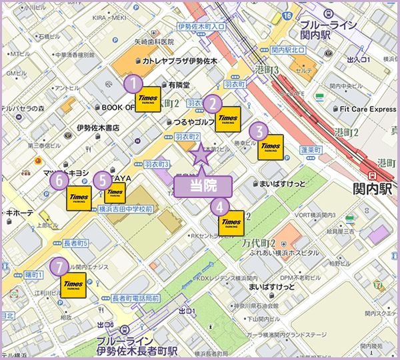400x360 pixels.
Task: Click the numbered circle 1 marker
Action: click(134, 83)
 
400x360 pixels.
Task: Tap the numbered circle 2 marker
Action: click(212, 103)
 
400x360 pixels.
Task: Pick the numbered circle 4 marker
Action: click(220, 207)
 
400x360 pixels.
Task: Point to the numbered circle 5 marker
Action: click(102, 179)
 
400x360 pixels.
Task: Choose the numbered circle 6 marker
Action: click(60, 179)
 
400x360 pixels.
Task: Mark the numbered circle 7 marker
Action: click(60, 267)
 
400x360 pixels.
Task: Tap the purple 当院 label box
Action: click(202, 186)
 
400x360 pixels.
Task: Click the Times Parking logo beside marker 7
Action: click(73, 285)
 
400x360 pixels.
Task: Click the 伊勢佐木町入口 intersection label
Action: click(203, 26)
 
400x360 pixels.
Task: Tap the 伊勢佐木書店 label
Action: click(97, 127)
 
